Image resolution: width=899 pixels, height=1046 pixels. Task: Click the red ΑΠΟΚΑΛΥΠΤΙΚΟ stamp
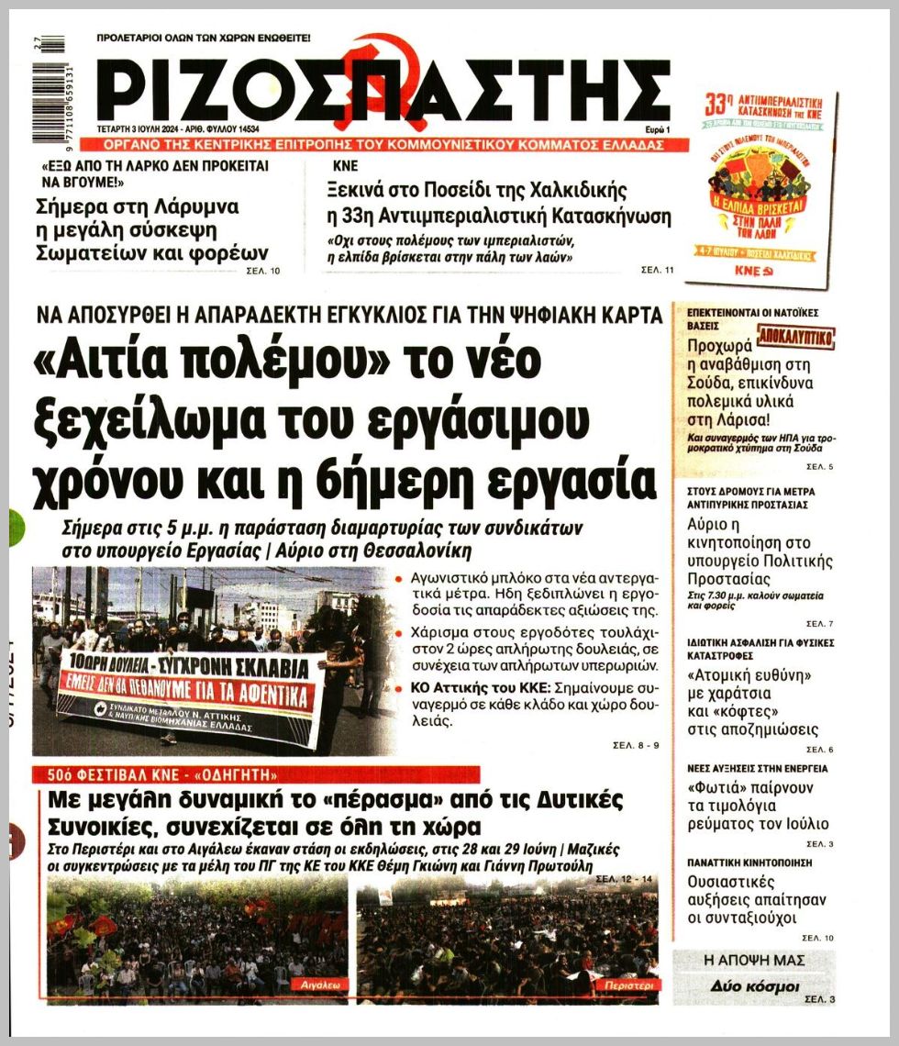coord(794,338)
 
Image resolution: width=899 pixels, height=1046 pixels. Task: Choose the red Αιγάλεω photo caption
coord(320,984)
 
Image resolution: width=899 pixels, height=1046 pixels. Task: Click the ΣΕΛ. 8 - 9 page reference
coord(636,745)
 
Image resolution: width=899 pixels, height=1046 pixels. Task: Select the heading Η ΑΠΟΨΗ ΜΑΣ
coord(754,960)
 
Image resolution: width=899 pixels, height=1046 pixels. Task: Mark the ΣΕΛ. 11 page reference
coord(657,270)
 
